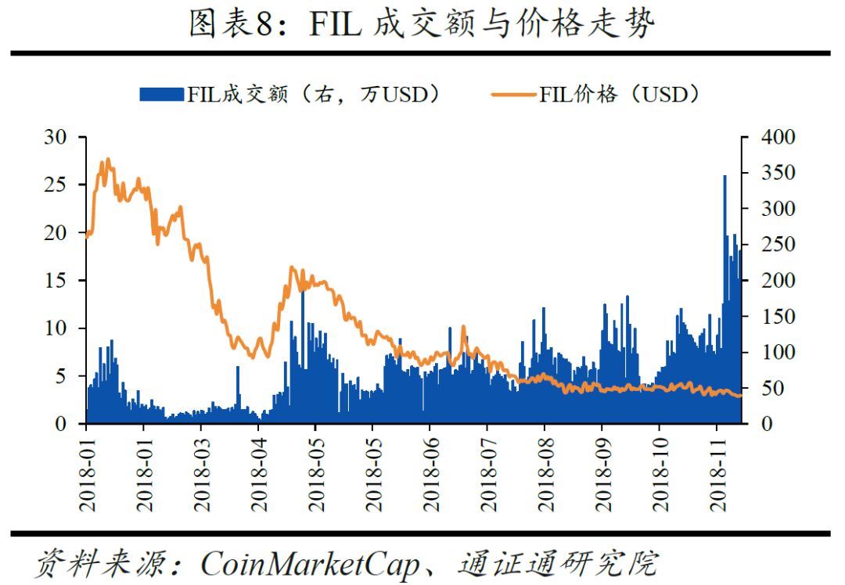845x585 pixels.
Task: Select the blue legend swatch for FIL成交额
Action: pyautogui.click(x=162, y=95)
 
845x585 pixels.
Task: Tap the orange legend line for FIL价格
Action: pyautogui.click(x=513, y=95)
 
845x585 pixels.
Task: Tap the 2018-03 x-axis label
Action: pyautogui.click(x=200, y=472)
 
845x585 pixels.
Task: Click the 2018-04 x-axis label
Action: pyautogui.click(x=258, y=472)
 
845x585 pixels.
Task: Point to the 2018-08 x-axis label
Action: pyautogui.click(x=545, y=472)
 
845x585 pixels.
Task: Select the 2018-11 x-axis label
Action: pyautogui.click(x=717, y=472)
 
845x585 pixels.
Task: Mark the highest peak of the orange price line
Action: pyautogui.click(x=107, y=160)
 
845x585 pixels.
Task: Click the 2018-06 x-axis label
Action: pyautogui.click(x=430, y=472)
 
